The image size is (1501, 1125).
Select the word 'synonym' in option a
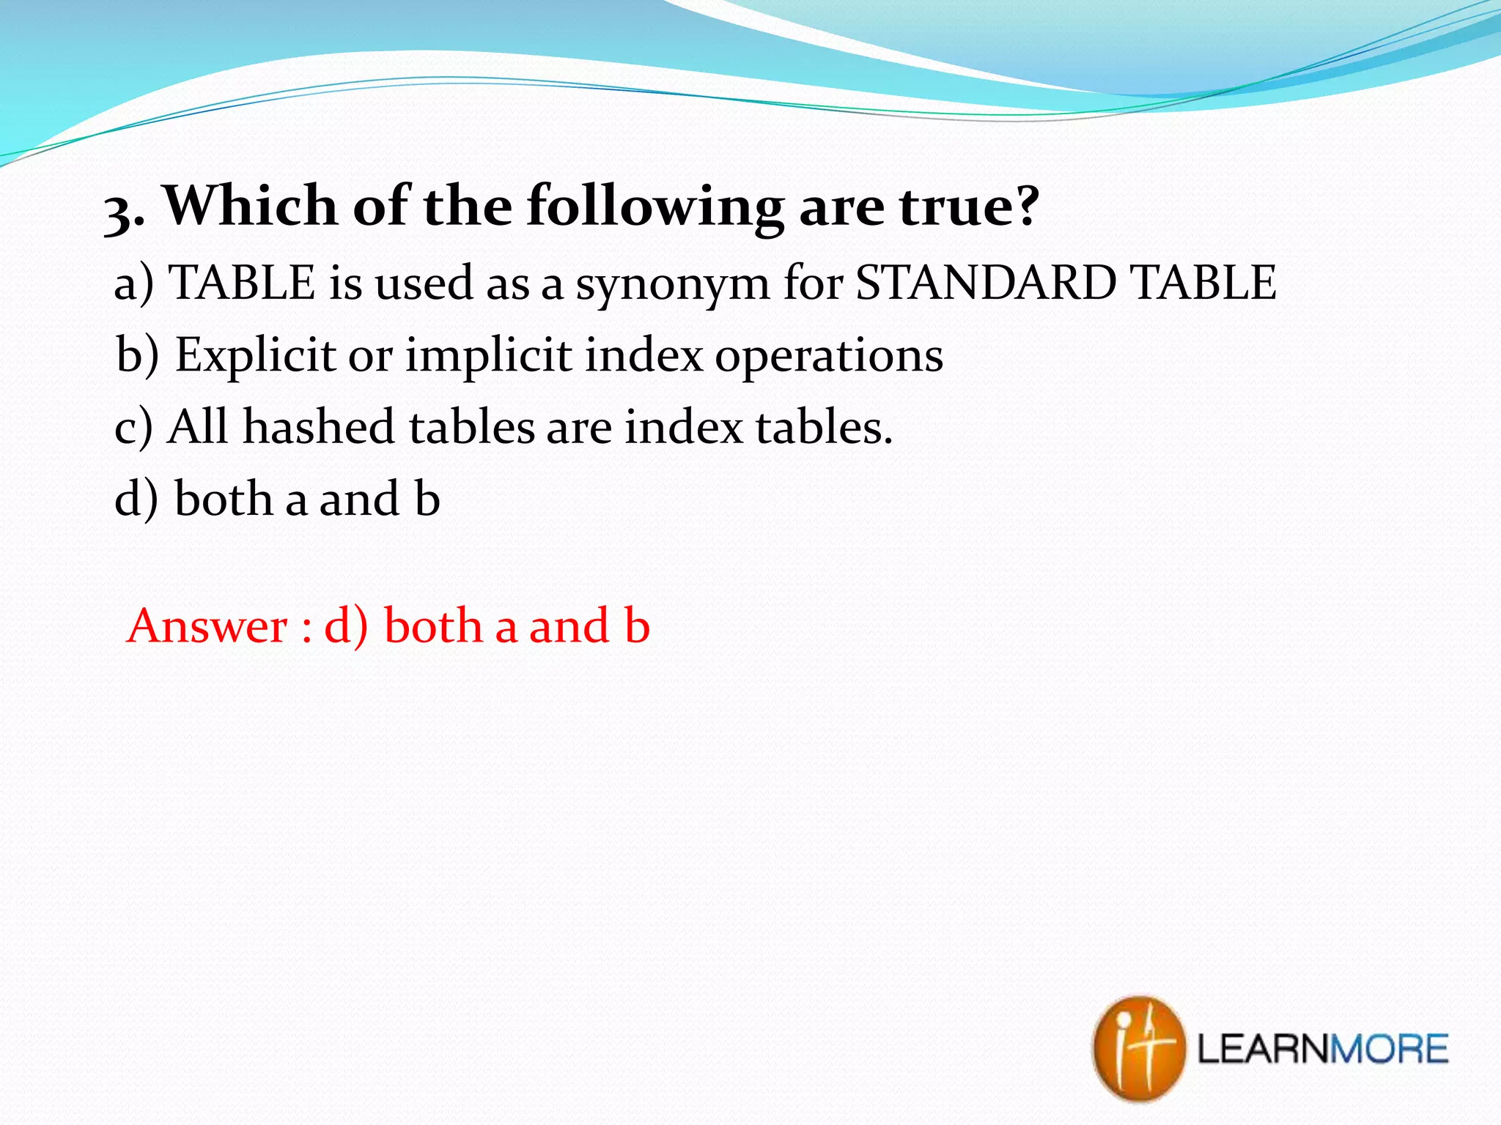point(672,284)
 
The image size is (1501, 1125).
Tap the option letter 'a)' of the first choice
point(134,284)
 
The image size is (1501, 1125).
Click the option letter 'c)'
point(133,428)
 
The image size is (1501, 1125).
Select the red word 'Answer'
point(207,627)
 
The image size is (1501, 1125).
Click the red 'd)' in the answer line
point(346,627)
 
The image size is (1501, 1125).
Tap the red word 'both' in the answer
point(433,626)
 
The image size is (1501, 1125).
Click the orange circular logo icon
point(1138,1048)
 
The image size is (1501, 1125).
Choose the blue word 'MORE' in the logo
point(1389,1049)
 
